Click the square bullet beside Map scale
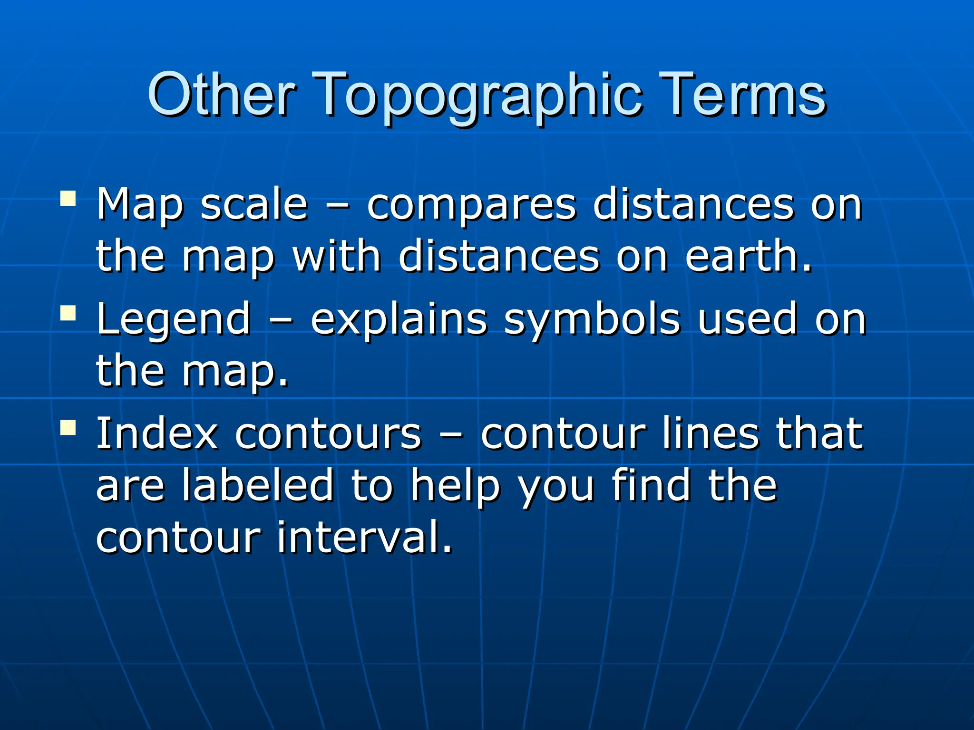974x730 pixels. (68, 198)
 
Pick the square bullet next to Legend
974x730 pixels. (68, 313)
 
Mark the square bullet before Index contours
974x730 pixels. (68, 427)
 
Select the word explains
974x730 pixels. (399, 319)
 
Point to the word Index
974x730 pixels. (157, 433)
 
